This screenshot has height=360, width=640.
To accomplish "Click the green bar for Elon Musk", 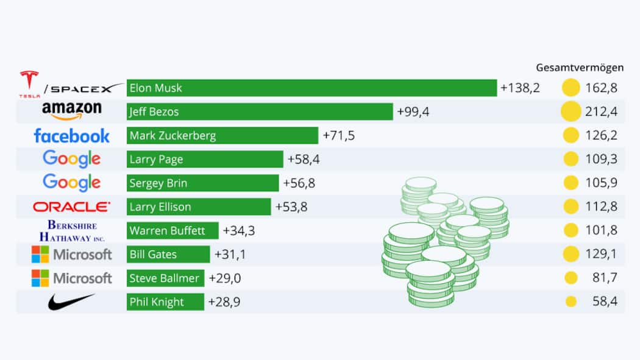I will (311, 88).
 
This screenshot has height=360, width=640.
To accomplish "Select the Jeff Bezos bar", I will (260, 111).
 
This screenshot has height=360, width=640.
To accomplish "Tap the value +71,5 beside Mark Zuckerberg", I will (338, 135).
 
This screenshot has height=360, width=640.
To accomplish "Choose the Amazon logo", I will (72, 111).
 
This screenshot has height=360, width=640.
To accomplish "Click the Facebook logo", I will (72, 135).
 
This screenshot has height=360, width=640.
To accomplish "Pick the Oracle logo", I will (72, 207).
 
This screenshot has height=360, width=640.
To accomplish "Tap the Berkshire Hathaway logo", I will (72, 230).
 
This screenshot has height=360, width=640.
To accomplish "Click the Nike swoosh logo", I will (72, 301).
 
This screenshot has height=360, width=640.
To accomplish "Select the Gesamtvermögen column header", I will (580, 68).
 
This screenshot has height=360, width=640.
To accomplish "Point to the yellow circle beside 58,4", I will (571, 302).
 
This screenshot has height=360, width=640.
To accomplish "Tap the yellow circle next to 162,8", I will (571, 88).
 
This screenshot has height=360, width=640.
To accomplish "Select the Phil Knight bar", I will (165, 302).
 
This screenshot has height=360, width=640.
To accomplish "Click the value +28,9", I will (224, 302).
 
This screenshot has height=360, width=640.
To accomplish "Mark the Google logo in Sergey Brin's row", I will (72, 182).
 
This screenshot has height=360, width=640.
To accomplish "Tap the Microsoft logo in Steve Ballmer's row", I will (72, 278).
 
